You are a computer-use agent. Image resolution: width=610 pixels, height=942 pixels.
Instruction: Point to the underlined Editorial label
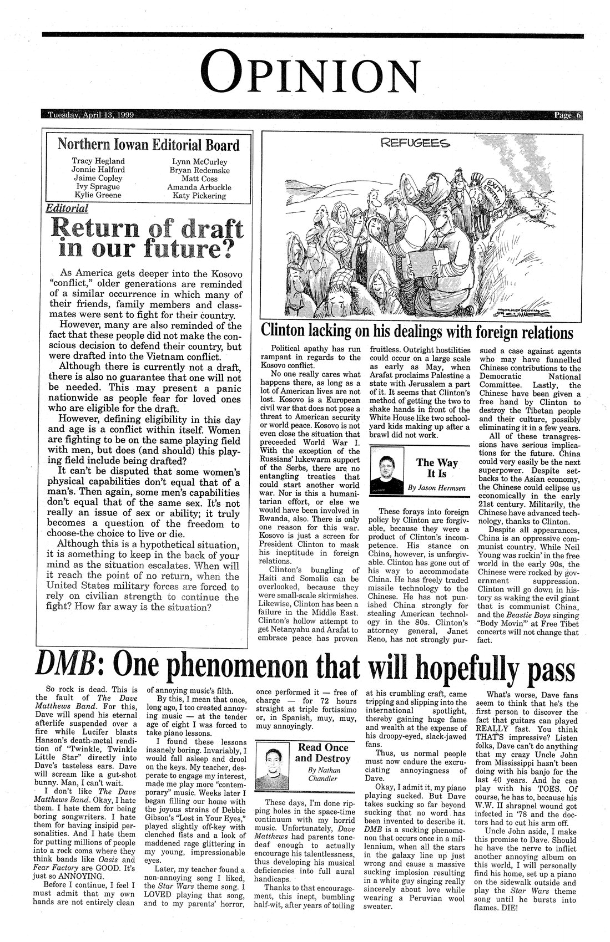[x=68, y=208]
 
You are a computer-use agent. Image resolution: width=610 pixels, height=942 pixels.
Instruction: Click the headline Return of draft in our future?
[x=147, y=237]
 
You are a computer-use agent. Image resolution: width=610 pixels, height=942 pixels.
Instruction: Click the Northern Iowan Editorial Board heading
[x=149, y=145]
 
